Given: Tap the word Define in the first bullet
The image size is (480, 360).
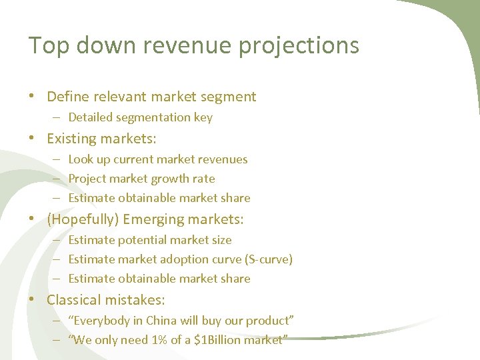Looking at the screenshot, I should [x=69, y=97].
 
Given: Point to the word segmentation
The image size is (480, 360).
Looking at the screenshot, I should [x=153, y=118].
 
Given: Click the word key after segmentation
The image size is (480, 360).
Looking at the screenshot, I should [x=203, y=118].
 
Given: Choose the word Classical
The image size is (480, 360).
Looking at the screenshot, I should [x=73, y=300].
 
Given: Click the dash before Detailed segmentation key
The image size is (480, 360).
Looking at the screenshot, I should [x=57, y=117].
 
